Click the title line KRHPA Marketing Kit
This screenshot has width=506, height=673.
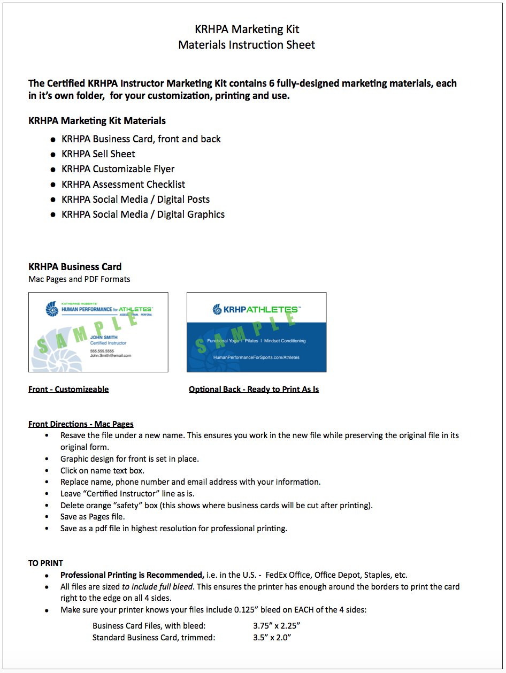click(x=247, y=29)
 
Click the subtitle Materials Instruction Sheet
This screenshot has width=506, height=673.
click(x=247, y=45)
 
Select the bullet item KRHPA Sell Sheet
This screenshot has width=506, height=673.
click(x=98, y=154)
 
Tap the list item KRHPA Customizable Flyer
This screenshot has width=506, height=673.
click(x=118, y=169)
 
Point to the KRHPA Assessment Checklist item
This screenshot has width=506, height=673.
click(x=123, y=185)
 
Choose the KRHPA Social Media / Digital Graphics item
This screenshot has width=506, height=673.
click(x=143, y=215)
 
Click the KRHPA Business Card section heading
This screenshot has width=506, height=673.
click(x=75, y=266)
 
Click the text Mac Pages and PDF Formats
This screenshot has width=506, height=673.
click(x=79, y=279)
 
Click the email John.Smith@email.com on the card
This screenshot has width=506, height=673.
click(x=110, y=355)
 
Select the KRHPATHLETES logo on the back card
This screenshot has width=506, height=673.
click(x=256, y=309)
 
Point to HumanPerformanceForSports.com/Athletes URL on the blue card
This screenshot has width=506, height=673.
click(x=256, y=357)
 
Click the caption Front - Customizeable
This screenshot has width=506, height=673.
click(x=68, y=389)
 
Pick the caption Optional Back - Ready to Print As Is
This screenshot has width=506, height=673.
click(x=254, y=389)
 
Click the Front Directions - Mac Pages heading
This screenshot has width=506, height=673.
click(x=81, y=424)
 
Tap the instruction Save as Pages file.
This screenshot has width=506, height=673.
click(x=93, y=517)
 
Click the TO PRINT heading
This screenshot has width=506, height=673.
click(x=45, y=563)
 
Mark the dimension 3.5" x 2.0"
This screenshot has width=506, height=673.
click(x=272, y=638)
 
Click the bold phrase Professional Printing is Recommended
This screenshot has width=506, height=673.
click(x=132, y=575)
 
